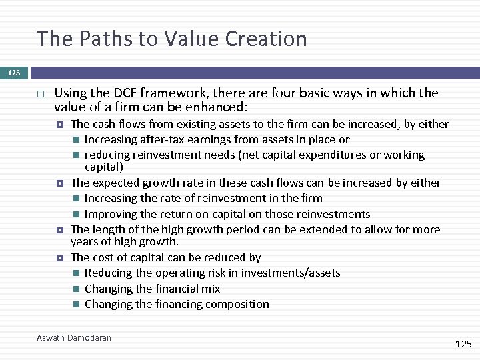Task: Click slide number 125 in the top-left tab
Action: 14,72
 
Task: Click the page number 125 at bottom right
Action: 463,344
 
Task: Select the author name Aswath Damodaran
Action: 74,338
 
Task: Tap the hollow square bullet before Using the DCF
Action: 40,93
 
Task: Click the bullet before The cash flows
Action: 60,124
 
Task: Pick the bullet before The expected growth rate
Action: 60,183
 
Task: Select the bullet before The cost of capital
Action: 60,257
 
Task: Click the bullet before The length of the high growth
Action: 60,229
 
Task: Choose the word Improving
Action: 110,214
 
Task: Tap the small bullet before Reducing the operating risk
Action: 77,273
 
